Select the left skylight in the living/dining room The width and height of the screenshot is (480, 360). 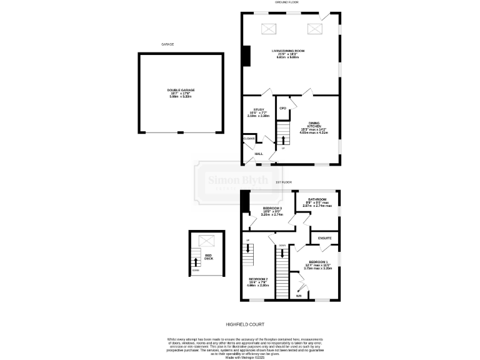point(270,28)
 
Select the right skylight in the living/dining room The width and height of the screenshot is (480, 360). point(313,28)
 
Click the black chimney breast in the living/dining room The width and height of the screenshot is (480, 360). point(246,56)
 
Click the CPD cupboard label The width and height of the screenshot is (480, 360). point(282,109)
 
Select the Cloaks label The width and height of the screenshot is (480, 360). point(249,138)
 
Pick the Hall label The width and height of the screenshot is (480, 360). point(258,153)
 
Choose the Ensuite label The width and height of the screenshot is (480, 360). point(324,238)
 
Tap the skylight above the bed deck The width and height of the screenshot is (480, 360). point(204,240)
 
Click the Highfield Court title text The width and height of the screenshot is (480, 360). point(245,324)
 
